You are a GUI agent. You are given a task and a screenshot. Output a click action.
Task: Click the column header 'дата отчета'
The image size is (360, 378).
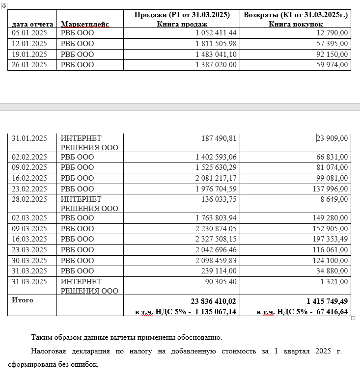click(x=32, y=24)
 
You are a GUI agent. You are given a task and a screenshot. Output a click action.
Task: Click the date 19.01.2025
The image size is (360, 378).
click(x=29, y=54)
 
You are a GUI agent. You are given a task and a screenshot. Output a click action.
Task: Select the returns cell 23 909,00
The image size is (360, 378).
click(x=332, y=138)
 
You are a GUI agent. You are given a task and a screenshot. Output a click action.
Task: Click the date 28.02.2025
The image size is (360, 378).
click(x=29, y=199)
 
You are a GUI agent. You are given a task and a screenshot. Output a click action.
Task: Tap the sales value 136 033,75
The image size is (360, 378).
click(x=219, y=199)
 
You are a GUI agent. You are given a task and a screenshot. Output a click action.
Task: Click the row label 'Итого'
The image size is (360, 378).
click(x=23, y=300)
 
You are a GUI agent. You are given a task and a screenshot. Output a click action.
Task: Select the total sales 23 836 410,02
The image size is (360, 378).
click(x=213, y=301)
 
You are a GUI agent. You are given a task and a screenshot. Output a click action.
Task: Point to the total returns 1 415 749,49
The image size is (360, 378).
click(x=326, y=301)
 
